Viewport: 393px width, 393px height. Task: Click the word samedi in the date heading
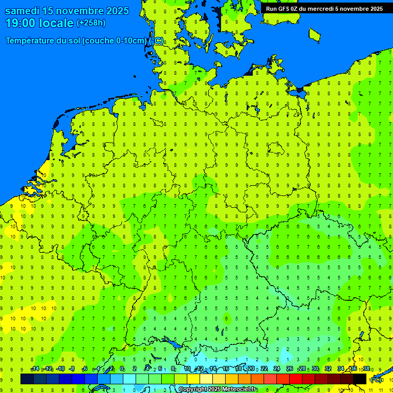[25, 11]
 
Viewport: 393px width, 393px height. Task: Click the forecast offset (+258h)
[91, 23]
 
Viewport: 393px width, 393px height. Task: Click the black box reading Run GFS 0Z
[324, 9]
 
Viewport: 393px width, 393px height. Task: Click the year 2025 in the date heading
[124, 11]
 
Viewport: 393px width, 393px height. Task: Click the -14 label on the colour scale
[35, 369]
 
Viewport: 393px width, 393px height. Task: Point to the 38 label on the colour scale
[366, 369]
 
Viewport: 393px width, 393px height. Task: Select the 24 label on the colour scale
[277, 369]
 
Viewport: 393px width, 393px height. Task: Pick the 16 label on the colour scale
[226, 369]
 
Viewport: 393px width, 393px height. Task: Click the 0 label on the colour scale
[122, 369]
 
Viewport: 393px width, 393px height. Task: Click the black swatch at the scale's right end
[360, 379]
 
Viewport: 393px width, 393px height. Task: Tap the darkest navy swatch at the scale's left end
[27, 379]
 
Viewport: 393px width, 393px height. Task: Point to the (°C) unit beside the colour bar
[376, 380]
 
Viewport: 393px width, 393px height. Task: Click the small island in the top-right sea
[314, 34]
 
